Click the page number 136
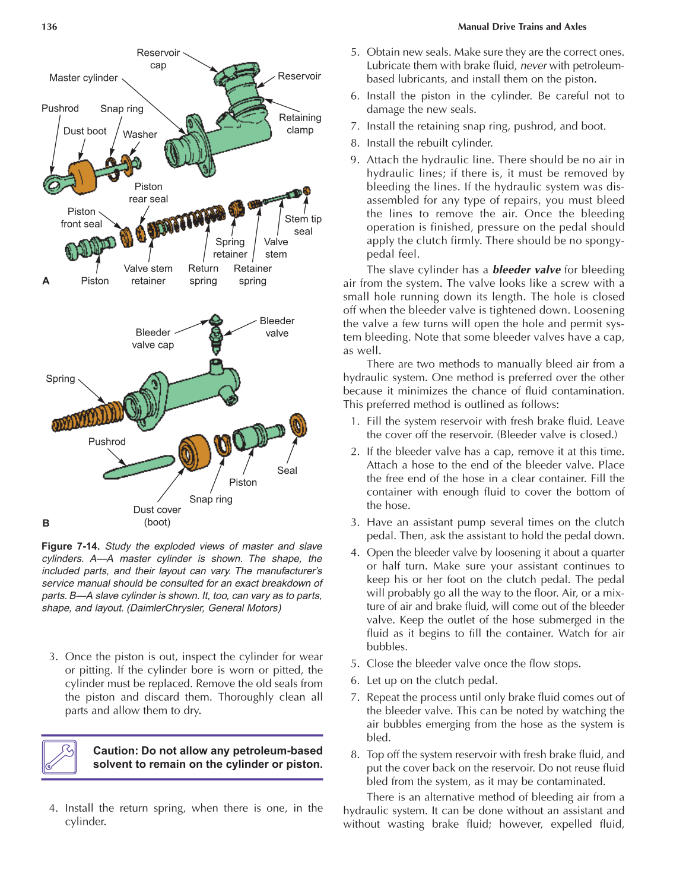[49, 27]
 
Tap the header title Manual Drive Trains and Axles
[522, 27]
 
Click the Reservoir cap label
[158, 59]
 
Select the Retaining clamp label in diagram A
[300, 124]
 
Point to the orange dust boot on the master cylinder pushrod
[82, 176]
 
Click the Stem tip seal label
[303, 225]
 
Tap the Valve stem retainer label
[148, 274]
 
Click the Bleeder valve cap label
[153, 338]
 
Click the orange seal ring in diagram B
[298, 426]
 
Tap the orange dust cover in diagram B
[195, 452]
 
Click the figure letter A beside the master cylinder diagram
[46, 281]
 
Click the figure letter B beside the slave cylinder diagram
[46, 523]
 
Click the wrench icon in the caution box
[59, 757]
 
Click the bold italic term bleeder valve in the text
[526, 270]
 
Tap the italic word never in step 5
[533, 66]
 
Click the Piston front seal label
[81, 218]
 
